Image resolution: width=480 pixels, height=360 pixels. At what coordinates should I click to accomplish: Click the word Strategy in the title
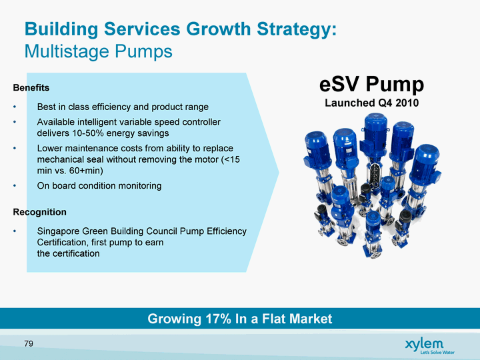(x=297, y=30)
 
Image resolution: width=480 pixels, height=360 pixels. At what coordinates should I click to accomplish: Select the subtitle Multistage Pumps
(x=98, y=51)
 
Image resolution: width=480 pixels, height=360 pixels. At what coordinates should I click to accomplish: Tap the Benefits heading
(x=31, y=88)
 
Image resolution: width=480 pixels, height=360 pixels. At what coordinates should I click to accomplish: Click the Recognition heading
(x=40, y=212)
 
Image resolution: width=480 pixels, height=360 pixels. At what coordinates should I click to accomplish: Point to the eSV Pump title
(x=371, y=85)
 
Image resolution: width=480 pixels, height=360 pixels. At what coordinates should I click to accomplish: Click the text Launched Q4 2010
(x=371, y=103)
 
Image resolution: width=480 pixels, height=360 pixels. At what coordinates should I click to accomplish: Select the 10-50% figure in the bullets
(x=88, y=133)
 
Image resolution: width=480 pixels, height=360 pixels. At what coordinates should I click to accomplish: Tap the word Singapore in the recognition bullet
(x=57, y=231)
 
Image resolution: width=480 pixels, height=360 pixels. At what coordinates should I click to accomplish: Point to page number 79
(x=29, y=344)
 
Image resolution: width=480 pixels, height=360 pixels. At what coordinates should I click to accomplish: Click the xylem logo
(x=424, y=343)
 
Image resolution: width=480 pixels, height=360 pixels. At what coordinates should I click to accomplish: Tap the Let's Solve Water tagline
(x=437, y=353)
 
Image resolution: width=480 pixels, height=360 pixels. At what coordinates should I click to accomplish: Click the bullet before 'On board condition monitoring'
(x=15, y=186)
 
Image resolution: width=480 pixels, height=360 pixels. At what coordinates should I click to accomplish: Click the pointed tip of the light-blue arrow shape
(x=279, y=173)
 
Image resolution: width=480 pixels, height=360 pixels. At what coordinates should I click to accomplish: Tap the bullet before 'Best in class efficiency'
(x=15, y=107)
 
